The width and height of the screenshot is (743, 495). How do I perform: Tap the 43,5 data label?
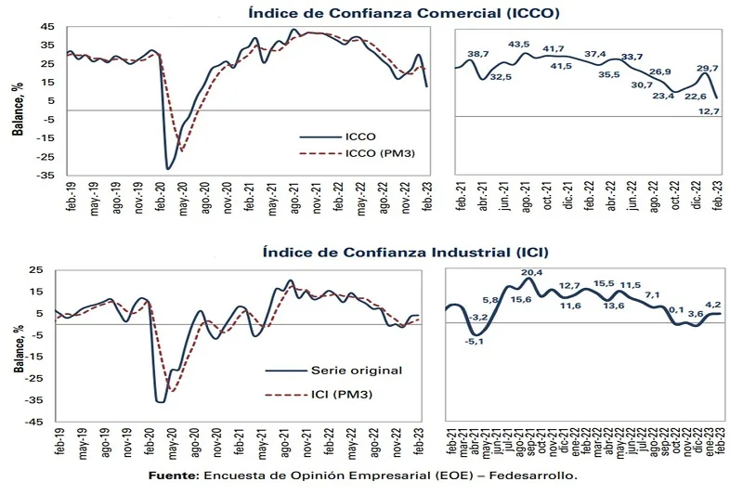pos(519,44)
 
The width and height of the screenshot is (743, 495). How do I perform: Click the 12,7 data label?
pos(710,111)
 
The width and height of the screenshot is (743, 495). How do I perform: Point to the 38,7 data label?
pos(478,55)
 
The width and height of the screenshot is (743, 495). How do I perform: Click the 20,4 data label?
pos(532,272)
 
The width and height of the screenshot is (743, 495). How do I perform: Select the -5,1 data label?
pos(475,341)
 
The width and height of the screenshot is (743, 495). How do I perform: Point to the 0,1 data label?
pos(676,309)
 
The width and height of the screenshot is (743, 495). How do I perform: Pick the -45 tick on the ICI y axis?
pos(43,422)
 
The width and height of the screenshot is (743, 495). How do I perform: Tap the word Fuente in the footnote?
pos(174,475)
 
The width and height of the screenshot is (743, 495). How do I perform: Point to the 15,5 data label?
pos(605,283)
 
